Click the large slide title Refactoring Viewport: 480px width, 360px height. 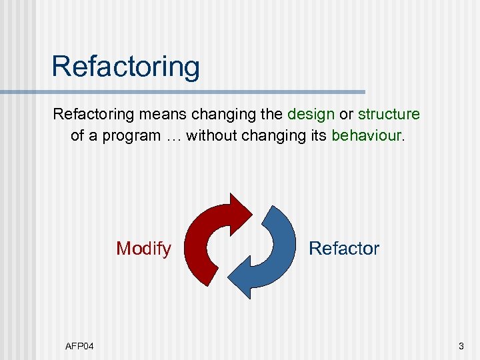click(x=125, y=67)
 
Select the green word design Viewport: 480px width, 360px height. click(x=311, y=114)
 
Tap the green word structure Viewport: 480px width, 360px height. click(x=389, y=114)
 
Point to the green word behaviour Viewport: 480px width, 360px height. click(x=367, y=135)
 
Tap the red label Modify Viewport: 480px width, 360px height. click(x=143, y=249)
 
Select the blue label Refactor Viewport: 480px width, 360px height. click(x=343, y=249)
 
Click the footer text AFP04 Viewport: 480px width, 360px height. click(x=79, y=346)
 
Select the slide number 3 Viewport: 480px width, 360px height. click(x=460, y=346)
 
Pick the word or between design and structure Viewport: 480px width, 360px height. click(x=346, y=114)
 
